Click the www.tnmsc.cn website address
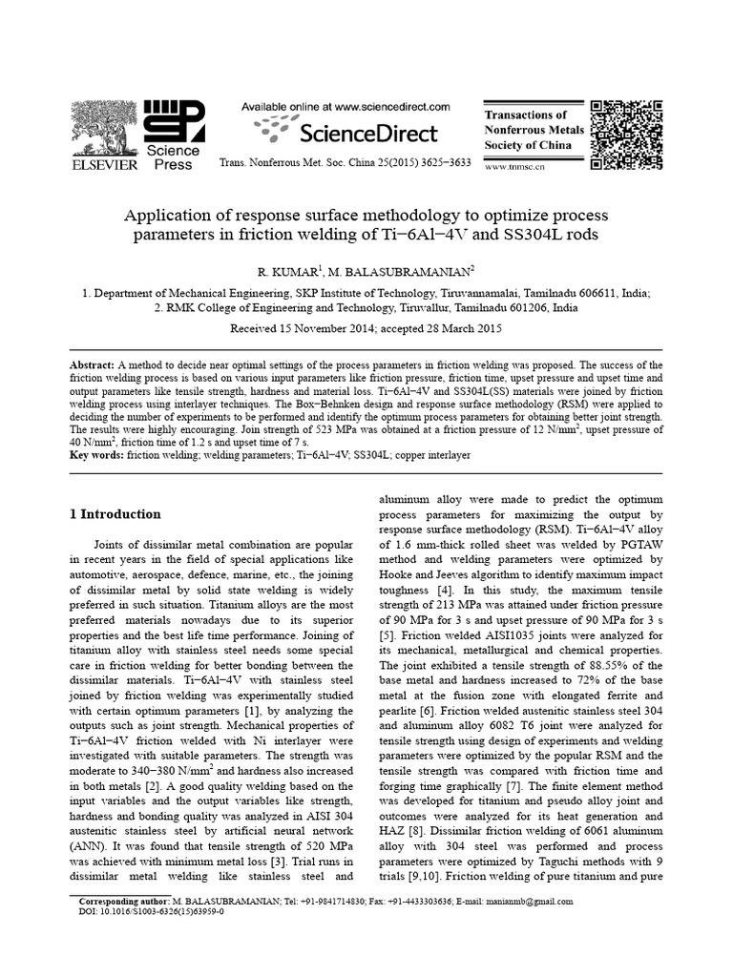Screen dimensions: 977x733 point(514,166)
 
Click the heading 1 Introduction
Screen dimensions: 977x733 point(115,514)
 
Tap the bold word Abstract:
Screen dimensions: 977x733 point(94,366)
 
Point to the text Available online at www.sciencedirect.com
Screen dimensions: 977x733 point(346,108)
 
